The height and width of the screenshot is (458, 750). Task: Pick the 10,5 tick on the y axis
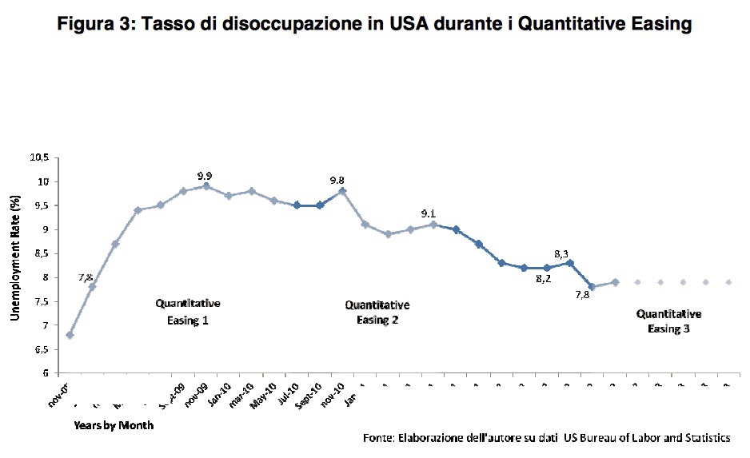point(39,157)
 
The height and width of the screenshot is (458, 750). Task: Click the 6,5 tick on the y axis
point(42,349)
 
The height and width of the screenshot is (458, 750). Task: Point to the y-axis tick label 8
point(46,277)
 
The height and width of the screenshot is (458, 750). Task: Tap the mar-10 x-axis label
point(241,393)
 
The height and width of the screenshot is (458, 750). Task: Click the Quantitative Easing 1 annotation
point(187,312)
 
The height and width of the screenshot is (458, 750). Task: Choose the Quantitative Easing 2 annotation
point(377,313)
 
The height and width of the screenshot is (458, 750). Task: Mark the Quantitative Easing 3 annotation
point(668,321)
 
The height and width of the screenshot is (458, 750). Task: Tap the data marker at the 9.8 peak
point(342,191)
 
